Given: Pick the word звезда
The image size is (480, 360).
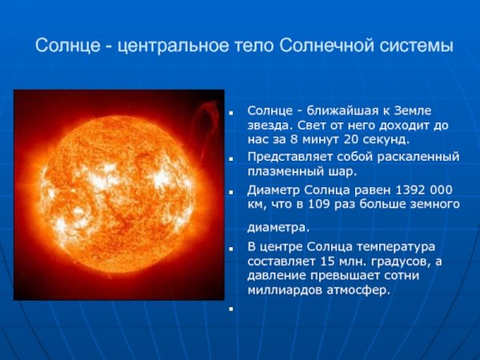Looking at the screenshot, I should pyautogui.click(x=268, y=126).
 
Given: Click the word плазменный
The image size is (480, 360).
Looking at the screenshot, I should pyautogui.click(x=282, y=171).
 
